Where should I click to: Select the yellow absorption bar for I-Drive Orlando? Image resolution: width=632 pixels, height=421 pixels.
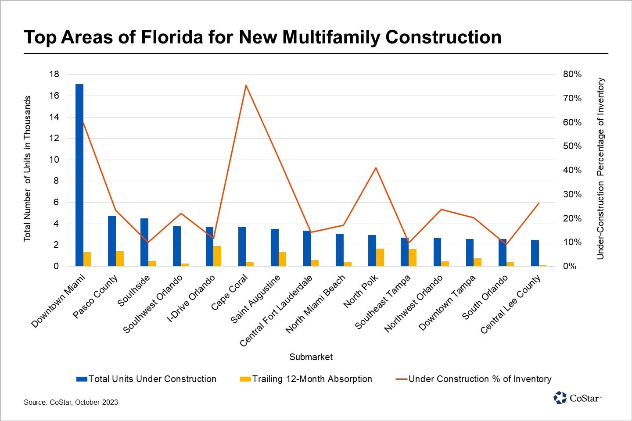click(217, 256)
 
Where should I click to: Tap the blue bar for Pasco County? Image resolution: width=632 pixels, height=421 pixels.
click(112, 241)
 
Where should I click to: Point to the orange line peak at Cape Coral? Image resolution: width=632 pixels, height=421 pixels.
click(246, 85)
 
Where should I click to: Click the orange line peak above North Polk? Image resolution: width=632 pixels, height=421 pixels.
click(376, 168)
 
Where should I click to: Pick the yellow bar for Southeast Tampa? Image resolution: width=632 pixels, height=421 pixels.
click(413, 257)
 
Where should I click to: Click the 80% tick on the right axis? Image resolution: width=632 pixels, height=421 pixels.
click(572, 75)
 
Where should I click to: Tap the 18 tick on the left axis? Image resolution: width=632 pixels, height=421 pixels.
click(54, 74)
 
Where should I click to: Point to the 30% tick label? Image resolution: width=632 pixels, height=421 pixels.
click(572, 194)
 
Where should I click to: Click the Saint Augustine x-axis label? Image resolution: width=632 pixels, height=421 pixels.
click(255, 299)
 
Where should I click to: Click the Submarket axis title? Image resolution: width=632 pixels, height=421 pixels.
click(311, 357)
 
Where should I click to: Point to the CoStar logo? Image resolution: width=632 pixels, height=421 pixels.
click(577, 398)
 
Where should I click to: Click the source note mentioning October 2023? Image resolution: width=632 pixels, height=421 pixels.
click(71, 402)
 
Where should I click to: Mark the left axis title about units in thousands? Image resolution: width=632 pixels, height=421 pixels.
click(27, 168)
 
